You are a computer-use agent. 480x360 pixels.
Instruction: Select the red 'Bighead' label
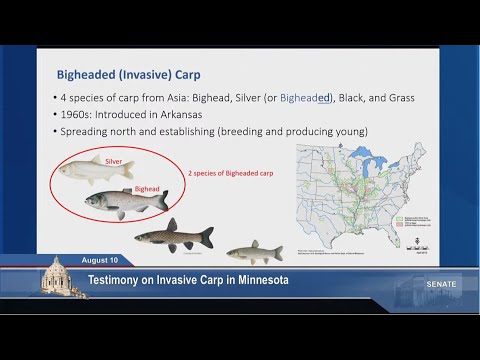point(147,189)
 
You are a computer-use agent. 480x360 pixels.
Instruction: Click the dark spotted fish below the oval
point(173,237)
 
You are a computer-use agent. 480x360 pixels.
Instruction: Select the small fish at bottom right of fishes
point(254,250)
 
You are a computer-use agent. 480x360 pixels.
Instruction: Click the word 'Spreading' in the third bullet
point(93,131)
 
